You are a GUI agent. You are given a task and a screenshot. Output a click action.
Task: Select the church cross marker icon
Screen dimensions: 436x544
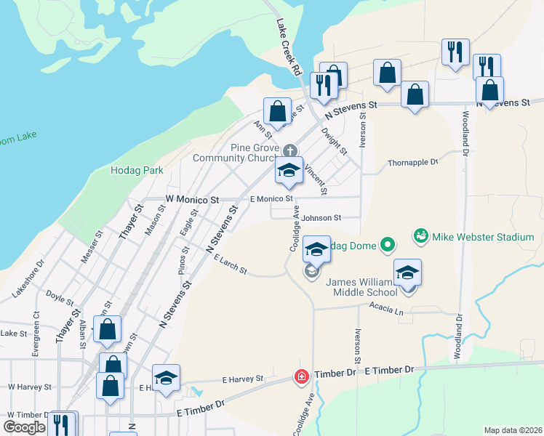click(289, 150)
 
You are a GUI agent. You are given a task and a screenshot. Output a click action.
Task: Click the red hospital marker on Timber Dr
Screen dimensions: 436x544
click(300, 376)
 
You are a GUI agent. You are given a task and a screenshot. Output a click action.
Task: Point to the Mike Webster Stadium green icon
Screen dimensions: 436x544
click(420, 236)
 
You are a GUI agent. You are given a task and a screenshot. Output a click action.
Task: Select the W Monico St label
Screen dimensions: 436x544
click(192, 198)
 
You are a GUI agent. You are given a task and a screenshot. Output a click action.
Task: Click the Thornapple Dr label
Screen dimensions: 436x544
click(413, 163)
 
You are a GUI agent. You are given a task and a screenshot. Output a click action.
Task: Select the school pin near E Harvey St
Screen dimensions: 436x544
click(166, 379)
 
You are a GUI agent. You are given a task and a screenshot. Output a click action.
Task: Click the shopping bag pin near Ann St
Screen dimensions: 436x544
click(277, 112)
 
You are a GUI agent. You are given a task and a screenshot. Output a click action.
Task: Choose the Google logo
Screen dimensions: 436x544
click(23, 428)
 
